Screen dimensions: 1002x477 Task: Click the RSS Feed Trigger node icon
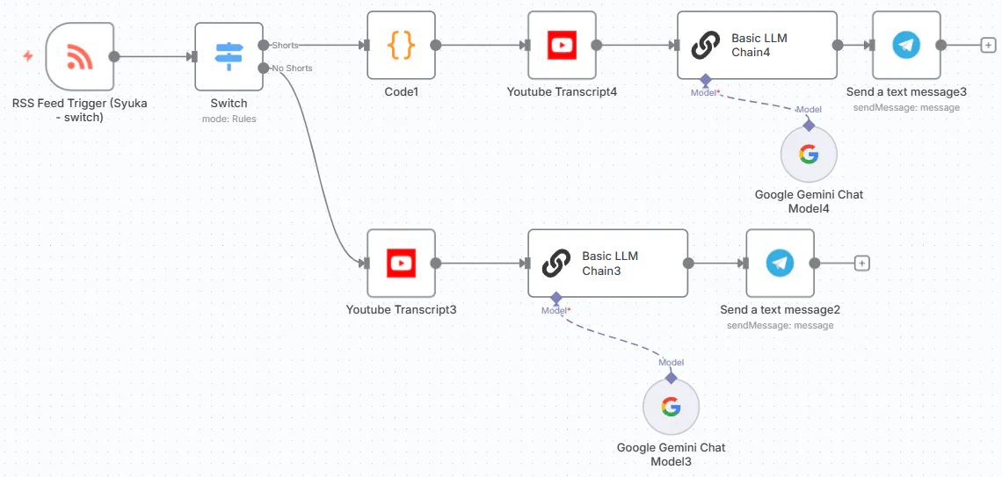point(80,56)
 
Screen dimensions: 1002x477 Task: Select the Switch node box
point(229,56)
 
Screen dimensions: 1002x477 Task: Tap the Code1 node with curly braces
point(402,46)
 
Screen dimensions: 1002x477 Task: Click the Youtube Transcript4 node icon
point(563,46)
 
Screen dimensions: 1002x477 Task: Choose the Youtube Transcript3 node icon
point(402,263)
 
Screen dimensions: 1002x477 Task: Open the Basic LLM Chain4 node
point(758,46)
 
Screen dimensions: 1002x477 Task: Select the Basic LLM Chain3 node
point(607,263)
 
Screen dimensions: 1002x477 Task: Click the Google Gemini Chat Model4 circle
point(809,154)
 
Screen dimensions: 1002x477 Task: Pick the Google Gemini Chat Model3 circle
point(671,407)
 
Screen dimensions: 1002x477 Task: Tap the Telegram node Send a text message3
point(906,46)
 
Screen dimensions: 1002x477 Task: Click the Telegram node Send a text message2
point(781,263)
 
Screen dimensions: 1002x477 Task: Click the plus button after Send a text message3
point(988,46)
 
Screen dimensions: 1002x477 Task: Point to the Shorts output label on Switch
point(285,46)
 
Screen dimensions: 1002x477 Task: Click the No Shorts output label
point(292,68)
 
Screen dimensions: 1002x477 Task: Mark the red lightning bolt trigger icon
point(27,56)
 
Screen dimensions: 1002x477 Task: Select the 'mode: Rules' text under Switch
point(229,119)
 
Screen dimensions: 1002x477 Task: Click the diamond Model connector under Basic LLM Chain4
point(706,80)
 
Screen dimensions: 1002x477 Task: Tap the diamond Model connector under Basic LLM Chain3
point(556,298)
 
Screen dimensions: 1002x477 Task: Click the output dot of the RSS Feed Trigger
point(114,56)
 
